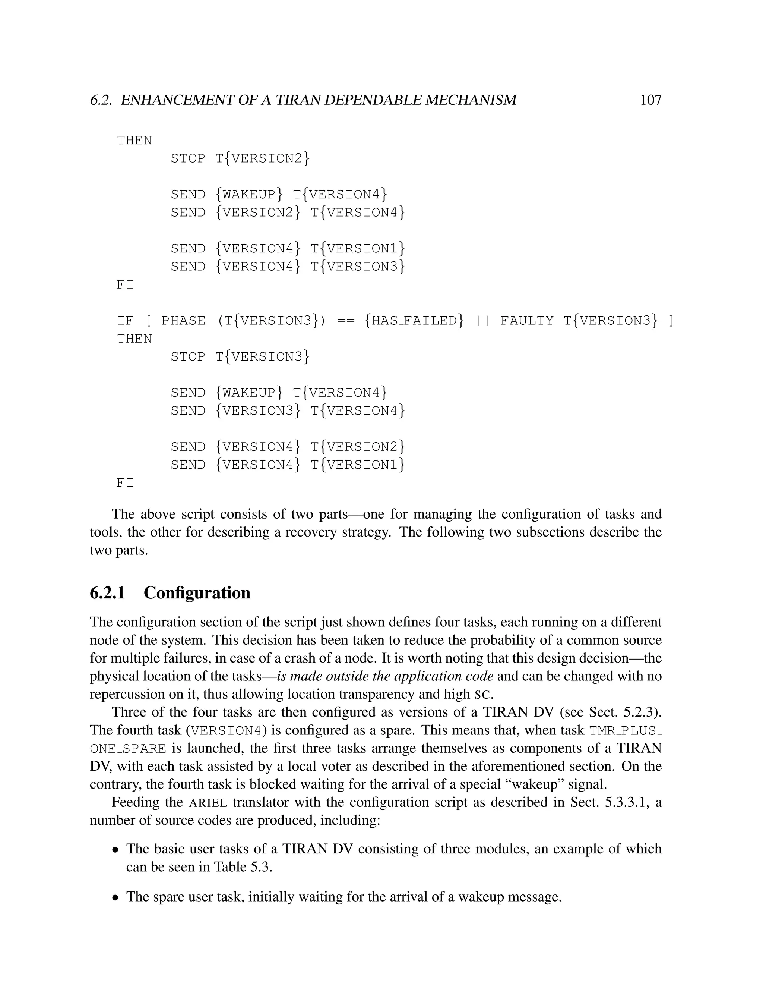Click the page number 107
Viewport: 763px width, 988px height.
point(650,100)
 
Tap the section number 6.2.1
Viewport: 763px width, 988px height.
point(107,593)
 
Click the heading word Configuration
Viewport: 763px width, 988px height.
point(197,593)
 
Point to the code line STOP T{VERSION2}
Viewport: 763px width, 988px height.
point(240,158)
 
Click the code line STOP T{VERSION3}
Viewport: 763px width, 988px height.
point(240,357)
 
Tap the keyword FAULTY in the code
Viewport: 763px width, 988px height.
point(526,321)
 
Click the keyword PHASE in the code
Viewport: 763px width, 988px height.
point(183,321)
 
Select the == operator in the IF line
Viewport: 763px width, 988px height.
point(346,321)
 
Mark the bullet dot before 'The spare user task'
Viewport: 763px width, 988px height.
point(116,897)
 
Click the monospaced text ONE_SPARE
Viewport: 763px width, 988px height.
point(128,749)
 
